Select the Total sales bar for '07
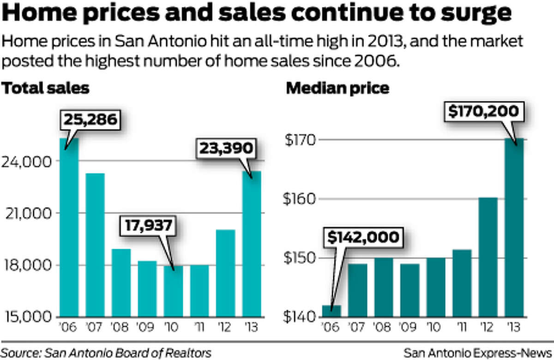[x=95, y=245]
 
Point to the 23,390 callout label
[x=226, y=148]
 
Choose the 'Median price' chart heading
[x=337, y=88]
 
